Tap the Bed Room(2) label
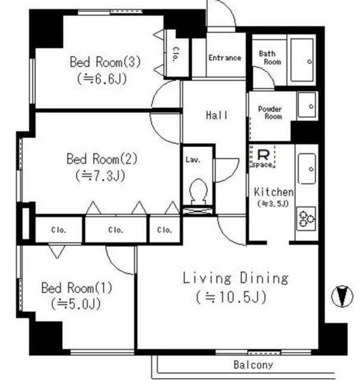101,158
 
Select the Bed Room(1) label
76,288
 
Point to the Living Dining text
236,278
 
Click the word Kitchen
273,192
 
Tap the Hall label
217,116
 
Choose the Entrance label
224,58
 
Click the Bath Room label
269,58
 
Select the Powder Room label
269,113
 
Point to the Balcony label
253,365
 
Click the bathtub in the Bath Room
302,60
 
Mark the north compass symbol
342,296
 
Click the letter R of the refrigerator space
262,153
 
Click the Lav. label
193,160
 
